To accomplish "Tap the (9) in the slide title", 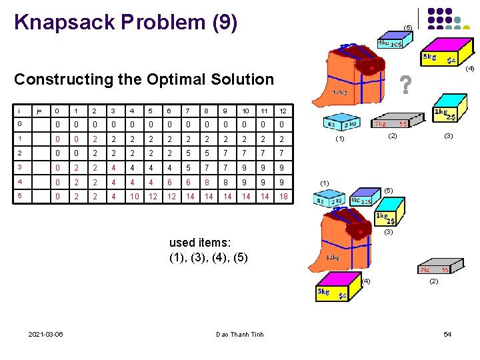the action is coord(223,22).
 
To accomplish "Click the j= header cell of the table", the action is coord(39,111).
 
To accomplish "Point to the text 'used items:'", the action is coord(199,242).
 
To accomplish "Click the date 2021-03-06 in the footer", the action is coord(46,334).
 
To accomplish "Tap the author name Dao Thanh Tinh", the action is coord(240,334).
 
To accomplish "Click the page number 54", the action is coord(447,334).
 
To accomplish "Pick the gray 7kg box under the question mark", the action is coord(391,123).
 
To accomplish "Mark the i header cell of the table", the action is coord(20,111).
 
